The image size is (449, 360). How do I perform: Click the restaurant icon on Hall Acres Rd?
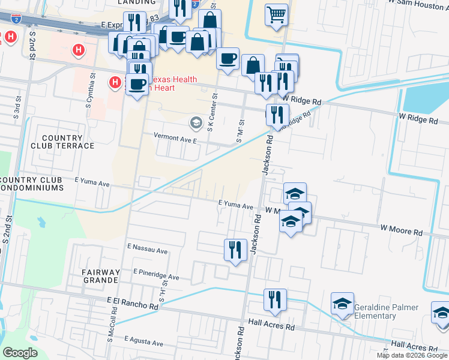pos(275,299)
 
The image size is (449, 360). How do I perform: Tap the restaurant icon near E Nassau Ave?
pos(235,249)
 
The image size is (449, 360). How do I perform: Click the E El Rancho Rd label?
pos(132,302)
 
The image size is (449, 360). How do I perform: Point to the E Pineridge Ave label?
pos(156,274)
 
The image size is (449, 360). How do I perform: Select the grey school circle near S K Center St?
pos(195,123)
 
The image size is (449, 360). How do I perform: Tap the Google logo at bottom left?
pos(20,353)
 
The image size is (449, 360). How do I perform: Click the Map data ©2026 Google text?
pos(411,355)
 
